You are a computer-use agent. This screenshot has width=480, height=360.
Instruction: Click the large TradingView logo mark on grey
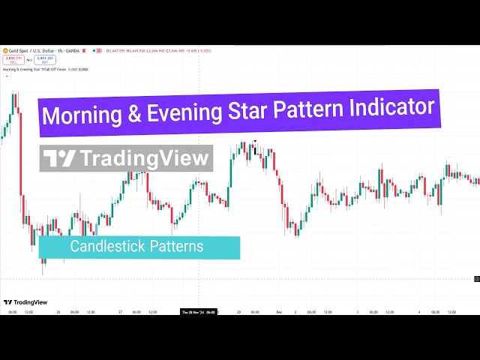pyautogui.click(x=59, y=158)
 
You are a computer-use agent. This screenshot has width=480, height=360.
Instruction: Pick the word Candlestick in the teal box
pyautogui.click(x=102, y=246)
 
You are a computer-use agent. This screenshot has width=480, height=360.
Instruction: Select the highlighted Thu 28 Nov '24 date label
pyautogui.click(x=199, y=312)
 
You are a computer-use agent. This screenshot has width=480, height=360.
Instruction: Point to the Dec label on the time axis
pyautogui.click(x=278, y=312)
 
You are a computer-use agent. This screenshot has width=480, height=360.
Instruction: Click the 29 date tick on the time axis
pyautogui.click(x=239, y=312)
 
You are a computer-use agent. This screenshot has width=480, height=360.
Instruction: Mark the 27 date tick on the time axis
pyautogui.click(x=120, y=312)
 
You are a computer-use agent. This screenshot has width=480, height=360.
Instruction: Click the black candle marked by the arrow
pyautogui.click(x=255, y=149)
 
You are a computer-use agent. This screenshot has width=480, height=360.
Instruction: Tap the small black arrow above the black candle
pyautogui.click(x=255, y=141)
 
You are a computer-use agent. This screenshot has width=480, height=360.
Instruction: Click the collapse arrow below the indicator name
pyautogui.click(x=7, y=76)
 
